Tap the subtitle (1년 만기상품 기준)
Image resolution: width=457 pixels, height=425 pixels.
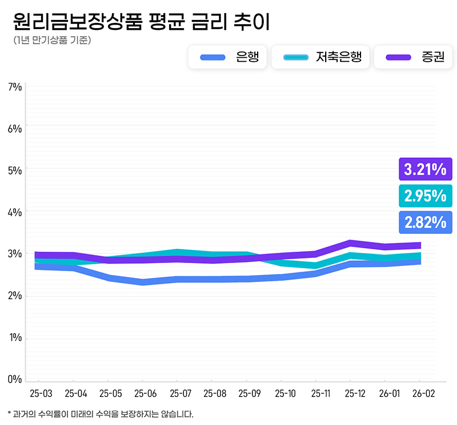coord(51,41)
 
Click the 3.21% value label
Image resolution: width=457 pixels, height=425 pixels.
coord(425,169)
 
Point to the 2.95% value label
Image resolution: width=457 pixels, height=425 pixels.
coord(425,196)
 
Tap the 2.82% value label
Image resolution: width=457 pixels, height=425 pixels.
coord(425,223)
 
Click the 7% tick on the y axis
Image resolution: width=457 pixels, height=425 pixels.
coord(15,87)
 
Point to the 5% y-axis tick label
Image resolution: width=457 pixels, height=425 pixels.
coord(15,170)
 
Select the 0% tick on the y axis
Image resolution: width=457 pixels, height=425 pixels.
coord(15,379)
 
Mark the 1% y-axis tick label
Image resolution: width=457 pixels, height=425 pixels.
coord(15,337)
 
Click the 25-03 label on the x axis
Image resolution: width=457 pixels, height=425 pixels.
coord(41,394)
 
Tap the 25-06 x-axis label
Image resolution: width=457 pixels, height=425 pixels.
coord(145,394)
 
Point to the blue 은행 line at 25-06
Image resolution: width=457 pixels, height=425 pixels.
coord(143,281)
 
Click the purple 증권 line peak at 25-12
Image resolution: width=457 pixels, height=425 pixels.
coord(351,243)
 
